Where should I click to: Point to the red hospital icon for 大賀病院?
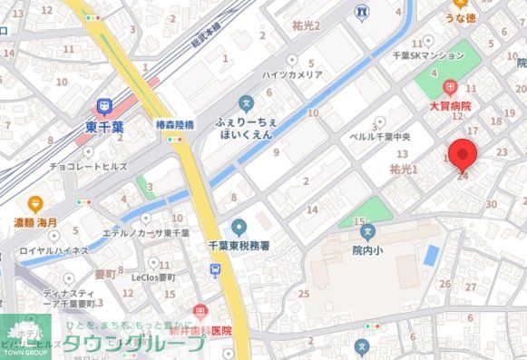click(x=450, y=88)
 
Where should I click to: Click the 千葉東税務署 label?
click(x=239, y=244)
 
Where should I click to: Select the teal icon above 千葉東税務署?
click(x=239, y=226)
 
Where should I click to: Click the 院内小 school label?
click(x=368, y=248)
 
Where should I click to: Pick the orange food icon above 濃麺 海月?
click(x=35, y=204)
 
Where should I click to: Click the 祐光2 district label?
click(x=307, y=25)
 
